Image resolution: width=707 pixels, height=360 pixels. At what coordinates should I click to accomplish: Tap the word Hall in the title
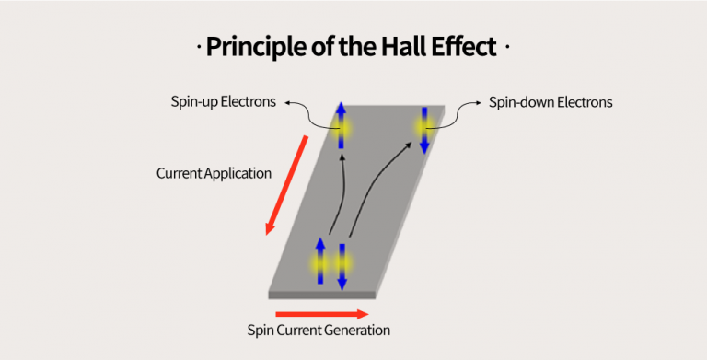401,46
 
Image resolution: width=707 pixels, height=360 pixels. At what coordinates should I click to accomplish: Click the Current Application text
214,173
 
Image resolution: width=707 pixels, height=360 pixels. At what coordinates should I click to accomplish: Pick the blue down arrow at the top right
424,130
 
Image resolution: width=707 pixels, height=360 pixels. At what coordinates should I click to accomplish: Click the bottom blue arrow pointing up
320,261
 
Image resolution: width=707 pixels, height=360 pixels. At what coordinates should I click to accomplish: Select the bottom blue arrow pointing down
342,267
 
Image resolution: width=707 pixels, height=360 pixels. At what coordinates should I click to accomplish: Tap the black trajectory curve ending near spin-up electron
337,203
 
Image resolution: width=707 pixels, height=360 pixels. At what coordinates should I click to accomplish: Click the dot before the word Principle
200,47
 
